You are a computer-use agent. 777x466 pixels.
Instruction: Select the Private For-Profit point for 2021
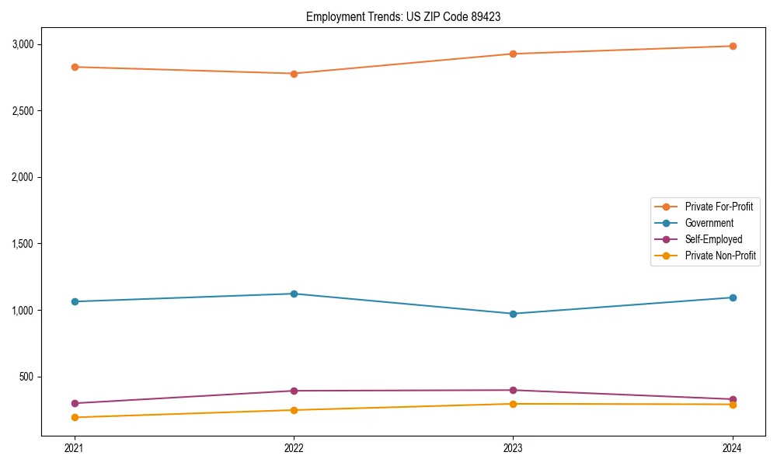pos(75,67)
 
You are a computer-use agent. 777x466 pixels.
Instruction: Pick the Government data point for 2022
pos(294,294)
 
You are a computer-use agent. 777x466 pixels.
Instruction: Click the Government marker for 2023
pos(513,314)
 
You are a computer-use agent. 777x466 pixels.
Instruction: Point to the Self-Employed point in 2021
pos(75,403)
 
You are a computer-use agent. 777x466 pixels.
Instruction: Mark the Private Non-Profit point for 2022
pos(294,410)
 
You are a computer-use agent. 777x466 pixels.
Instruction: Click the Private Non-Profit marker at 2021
pos(75,417)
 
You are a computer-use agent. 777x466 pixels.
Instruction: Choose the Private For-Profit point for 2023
pos(513,54)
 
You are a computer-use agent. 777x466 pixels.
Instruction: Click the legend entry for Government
pos(709,223)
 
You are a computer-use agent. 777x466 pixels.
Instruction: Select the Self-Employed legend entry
pos(713,239)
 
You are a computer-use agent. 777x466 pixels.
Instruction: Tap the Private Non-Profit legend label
pos(720,256)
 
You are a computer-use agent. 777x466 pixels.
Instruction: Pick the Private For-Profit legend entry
pos(719,207)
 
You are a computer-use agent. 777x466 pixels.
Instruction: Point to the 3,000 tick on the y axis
pos(23,44)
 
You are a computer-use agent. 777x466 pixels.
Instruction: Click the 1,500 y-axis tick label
pos(23,244)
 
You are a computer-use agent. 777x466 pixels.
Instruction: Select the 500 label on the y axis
pos(27,377)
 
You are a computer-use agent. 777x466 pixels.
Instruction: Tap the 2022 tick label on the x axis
pos(294,447)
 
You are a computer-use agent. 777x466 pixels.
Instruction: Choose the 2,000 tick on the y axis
pos(23,177)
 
